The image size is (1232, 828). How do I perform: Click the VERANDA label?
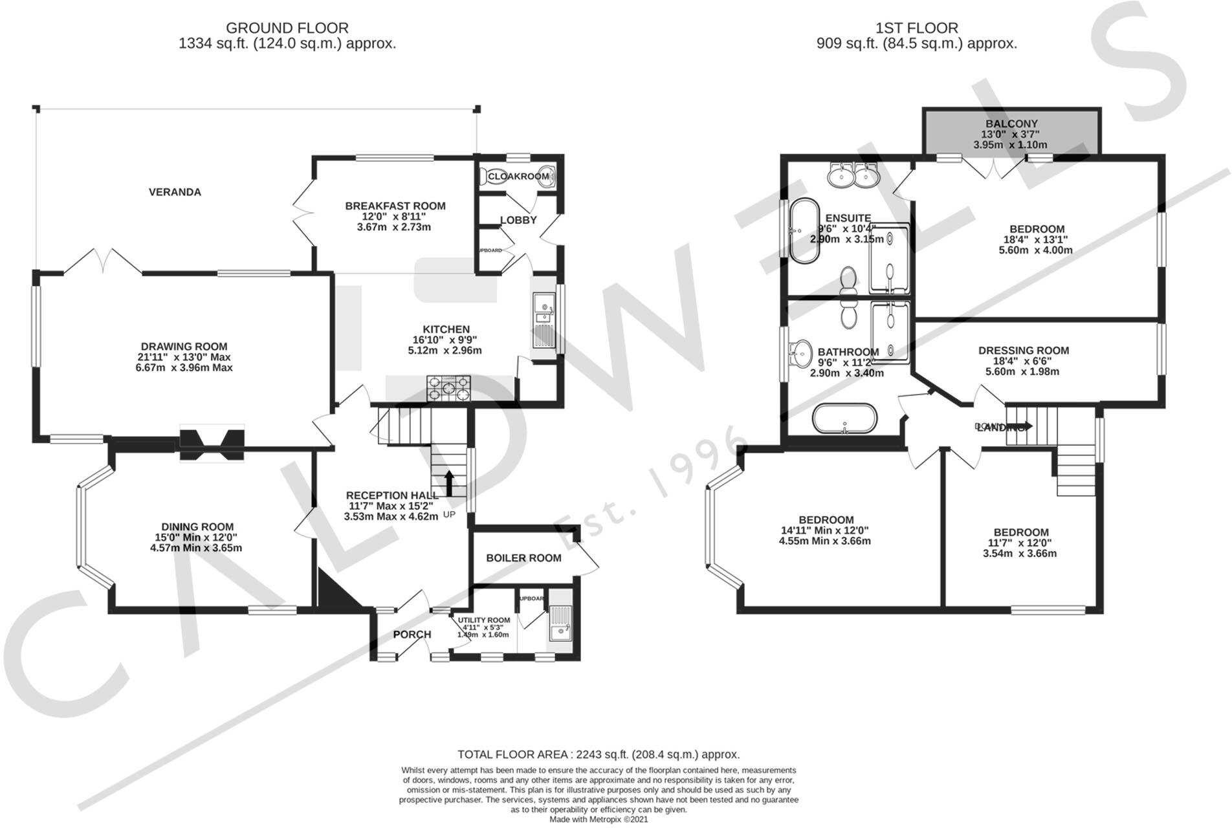(175, 192)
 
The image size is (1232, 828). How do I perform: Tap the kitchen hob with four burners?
(448, 389)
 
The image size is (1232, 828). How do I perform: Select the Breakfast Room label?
(395, 206)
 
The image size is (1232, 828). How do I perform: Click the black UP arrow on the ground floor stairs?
(448, 482)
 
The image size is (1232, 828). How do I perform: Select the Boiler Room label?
(523, 558)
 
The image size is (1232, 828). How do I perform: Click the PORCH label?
(412, 635)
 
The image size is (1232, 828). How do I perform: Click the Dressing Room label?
(1023, 351)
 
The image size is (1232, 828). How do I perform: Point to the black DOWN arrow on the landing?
(1022, 426)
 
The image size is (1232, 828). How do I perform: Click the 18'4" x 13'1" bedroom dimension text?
(1037, 239)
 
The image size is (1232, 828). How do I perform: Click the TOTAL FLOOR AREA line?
(598, 754)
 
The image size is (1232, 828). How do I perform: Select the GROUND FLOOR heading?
(287, 28)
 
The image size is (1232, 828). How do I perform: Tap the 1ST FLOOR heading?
(916, 28)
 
